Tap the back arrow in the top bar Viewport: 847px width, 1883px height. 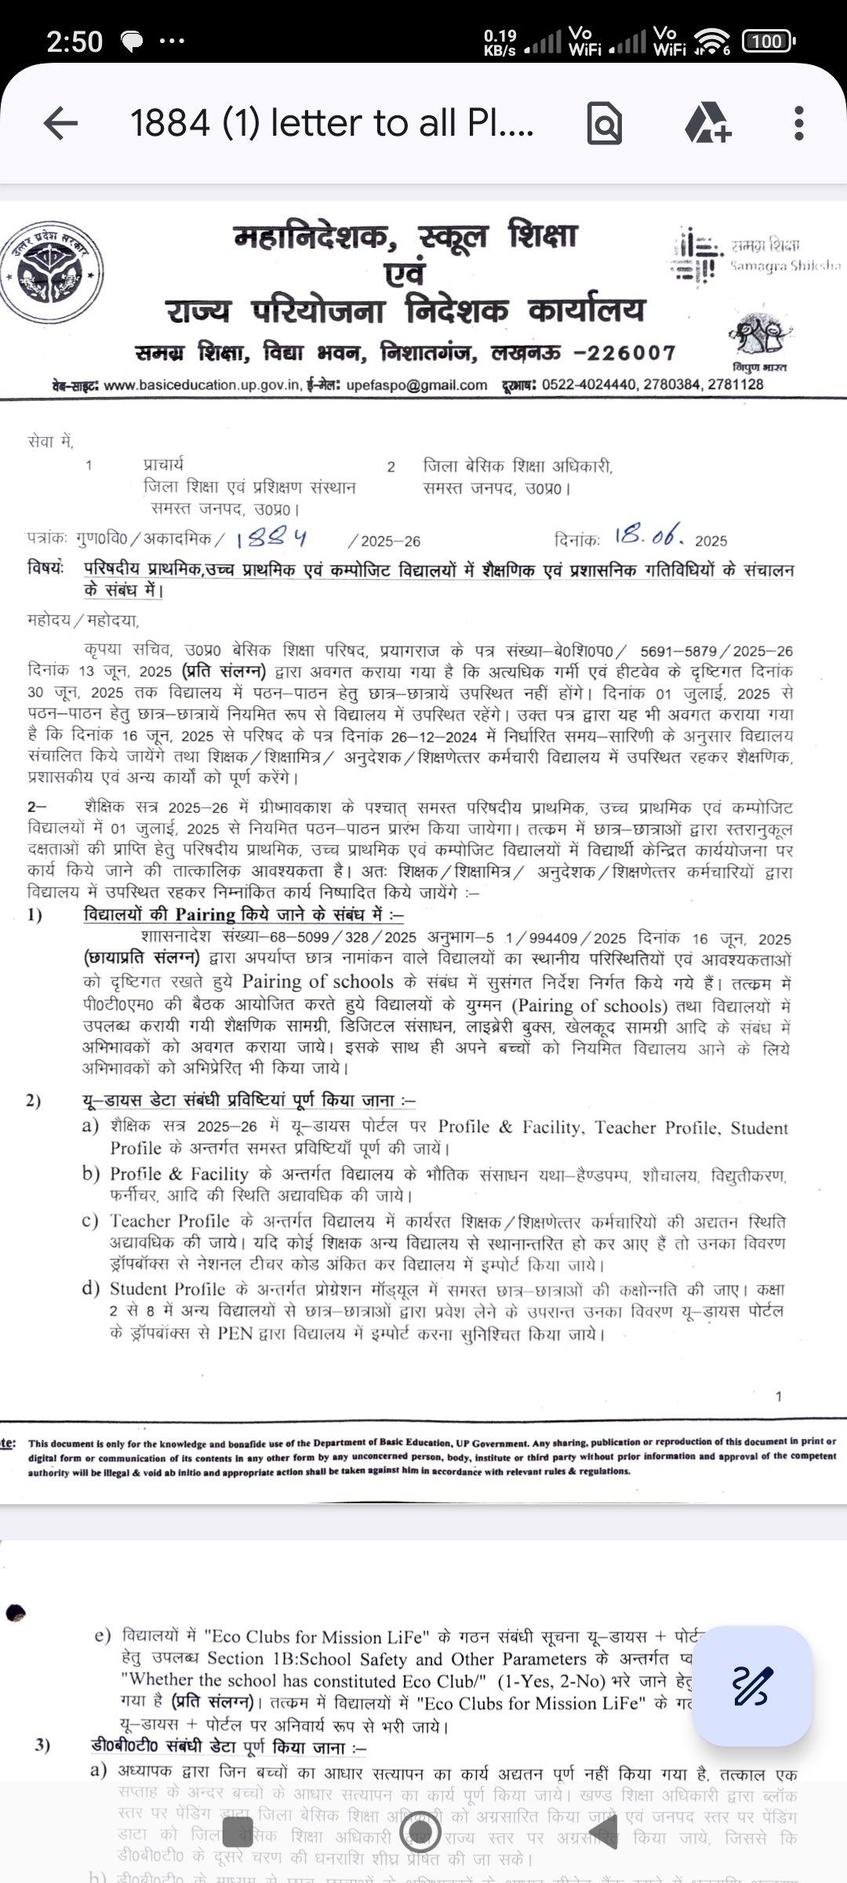[x=60, y=123]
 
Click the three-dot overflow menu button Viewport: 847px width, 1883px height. [x=798, y=123]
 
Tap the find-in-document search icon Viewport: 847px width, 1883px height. [x=604, y=123]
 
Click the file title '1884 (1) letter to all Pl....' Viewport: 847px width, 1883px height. [x=332, y=123]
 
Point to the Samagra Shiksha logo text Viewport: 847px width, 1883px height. [x=784, y=256]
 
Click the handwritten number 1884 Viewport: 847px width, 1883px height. [x=271, y=538]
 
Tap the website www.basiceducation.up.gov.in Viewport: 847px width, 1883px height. [x=202, y=385]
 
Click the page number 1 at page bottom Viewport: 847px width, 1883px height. [x=778, y=1396]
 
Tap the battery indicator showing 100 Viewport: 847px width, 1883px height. [x=768, y=41]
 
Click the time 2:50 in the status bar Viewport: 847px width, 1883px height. [x=75, y=42]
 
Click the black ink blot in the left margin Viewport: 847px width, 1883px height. [x=15, y=1613]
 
